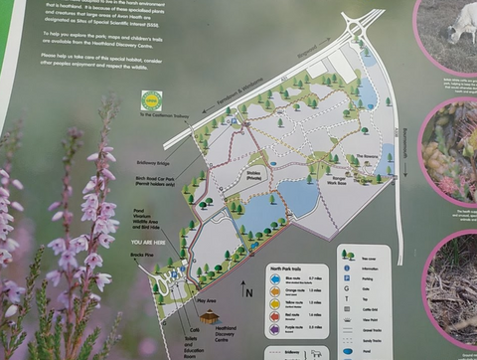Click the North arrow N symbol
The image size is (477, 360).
tap(248, 290)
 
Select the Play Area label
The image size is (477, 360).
tap(207, 297)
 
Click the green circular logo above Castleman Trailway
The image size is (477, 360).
tap(152, 99)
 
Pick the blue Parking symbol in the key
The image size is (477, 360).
tap(348, 279)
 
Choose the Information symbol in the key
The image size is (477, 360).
tap(348, 267)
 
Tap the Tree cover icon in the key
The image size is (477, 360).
tap(348, 254)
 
